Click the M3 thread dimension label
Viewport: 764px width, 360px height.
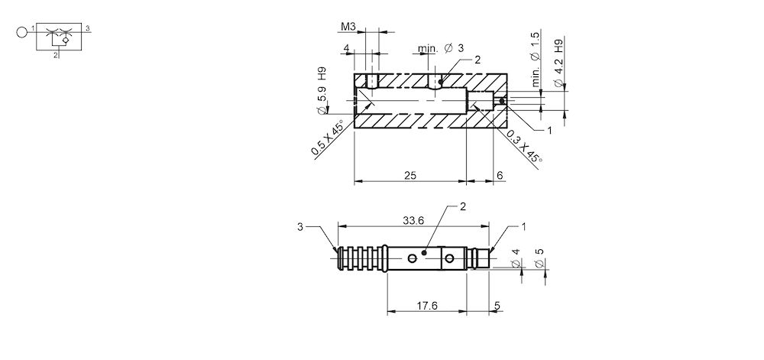click(x=348, y=26)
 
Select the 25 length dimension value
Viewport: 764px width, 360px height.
click(x=410, y=175)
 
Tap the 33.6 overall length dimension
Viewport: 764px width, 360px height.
click(x=413, y=220)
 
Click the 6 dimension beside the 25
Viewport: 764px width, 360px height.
click(x=499, y=175)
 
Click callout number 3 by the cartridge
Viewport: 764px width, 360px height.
click(x=301, y=227)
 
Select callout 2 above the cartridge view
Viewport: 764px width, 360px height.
click(x=462, y=206)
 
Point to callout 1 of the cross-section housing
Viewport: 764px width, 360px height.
click(x=549, y=131)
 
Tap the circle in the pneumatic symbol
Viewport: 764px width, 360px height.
click(x=21, y=32)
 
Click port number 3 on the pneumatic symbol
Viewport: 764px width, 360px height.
click(x=88, y=28)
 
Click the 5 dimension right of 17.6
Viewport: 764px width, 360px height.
click(x=497, y=305)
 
